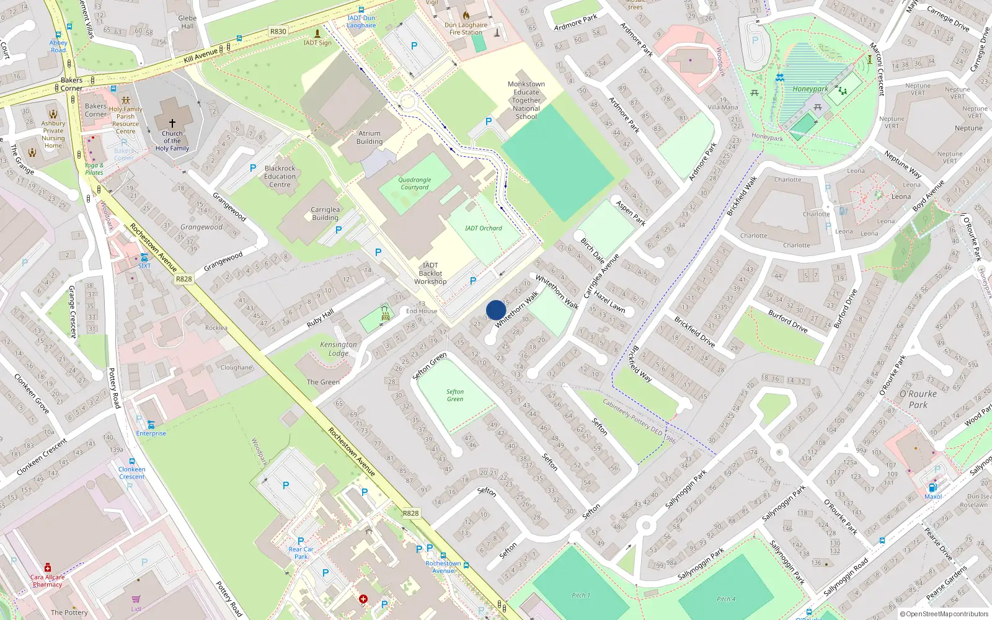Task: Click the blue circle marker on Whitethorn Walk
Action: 496,310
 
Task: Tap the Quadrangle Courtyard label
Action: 415,184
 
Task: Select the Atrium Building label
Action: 370,137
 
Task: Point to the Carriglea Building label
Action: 325,213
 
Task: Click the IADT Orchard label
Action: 484,228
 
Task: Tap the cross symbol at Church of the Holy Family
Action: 172,123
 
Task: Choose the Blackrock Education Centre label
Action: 280,176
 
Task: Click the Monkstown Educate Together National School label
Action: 526,100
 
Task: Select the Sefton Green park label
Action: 455,395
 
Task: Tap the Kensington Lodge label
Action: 339,348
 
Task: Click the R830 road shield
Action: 278,31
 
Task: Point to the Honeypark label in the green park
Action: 810,89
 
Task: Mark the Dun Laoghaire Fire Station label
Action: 466,29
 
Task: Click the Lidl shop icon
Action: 136,599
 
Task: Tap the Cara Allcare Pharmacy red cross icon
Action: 48,567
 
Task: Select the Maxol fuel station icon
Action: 933,487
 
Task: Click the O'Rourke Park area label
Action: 918,399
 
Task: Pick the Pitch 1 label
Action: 581,595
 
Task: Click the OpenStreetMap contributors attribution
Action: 944,614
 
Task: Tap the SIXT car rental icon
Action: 144,257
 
